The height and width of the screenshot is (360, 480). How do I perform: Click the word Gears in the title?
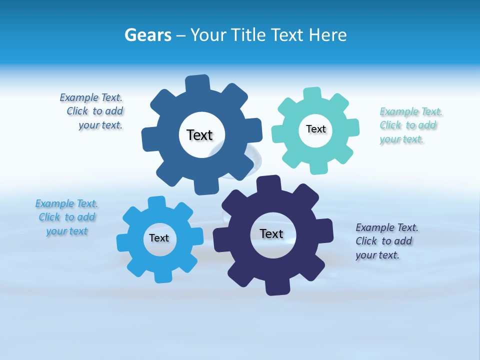pyautogui.click(x=147, y=35)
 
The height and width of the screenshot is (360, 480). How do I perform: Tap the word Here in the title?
pyautogui.click(x=327, y=35)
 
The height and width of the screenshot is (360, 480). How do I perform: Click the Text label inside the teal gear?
pyautogui.click(x=315, y=129)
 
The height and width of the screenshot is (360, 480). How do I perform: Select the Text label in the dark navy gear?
pyautogui.click(x=271, y=233)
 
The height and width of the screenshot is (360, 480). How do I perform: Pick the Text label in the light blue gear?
pyautogui.click(x=159, y=238)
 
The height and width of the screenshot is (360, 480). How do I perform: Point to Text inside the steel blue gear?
pyautogui.click(x=200, y=135)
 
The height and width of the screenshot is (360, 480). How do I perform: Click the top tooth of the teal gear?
pyautogui.click(x=312, y=94)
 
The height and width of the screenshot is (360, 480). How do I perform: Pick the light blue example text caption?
pyautogui.click(x=67, y=217)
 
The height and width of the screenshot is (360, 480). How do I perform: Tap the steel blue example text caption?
pyautogui.click(x=93, y=111)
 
